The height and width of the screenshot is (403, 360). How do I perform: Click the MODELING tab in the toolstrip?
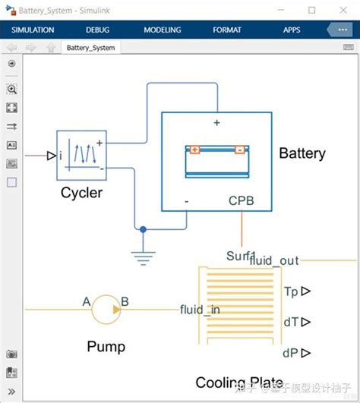pyautogui.click(x=163, y=30)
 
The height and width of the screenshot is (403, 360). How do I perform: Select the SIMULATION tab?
pyautogui.click(x=33, y=30)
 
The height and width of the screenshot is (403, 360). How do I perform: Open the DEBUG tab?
pyautogui.click(x=97, y=30)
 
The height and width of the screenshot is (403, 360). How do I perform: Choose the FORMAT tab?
pyautogui.click(x=227, y=30)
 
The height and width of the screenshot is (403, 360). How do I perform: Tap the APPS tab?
pyautogui.click(x=292, y=30)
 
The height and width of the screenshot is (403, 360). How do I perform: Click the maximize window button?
pyautogui.click(x=312, y=10)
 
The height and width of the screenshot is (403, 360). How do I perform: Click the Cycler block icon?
pyautogui.click(x=79, y=156)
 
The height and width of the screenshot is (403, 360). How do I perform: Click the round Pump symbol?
pyautogui.click(x=107, y=309)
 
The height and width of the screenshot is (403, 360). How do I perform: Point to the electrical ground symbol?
pyautogui.click(x=142, y=255)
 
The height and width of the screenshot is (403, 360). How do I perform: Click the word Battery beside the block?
pyautogui.click(x=302, y=153)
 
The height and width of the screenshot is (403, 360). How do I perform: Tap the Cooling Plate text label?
pyautogui.click(x=239, y=383)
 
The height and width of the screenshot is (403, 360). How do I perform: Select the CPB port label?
pyautogui.click(x=242, y=201)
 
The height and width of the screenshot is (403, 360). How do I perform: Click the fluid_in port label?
pyautogui.click(x=201, y=309)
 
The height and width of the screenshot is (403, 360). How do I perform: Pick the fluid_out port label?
pyautogui.click(x=274, y=260)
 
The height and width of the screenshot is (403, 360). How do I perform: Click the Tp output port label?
pyautogui.click(x=291, y=291)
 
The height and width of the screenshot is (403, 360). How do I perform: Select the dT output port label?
pyautogui.click(x=291, y=323)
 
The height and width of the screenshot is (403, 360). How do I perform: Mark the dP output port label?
pyautogui.click(x=291, y=353)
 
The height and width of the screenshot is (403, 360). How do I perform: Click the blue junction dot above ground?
pyautogui.click(x=142, y=228)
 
